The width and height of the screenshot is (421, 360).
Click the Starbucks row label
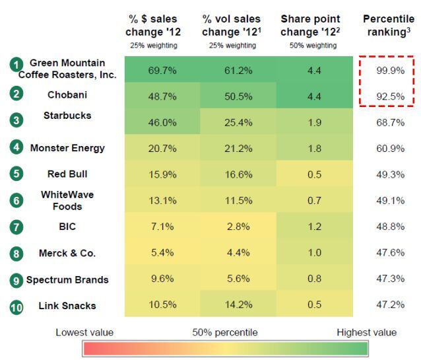pyautogui.click(x=67, y=116)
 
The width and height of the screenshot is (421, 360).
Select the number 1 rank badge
pyautogui.click(x=16, y=65)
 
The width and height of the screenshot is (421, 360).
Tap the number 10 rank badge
pyautogui.click(x=16, y=307)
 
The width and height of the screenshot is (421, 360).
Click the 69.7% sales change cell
pyautogui.click(x=162, y=71)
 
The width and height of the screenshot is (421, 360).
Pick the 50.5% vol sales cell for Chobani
pyautogui.click(x=238, y=96)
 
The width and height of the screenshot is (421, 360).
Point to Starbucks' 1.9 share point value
pyautogui.click(x=314, y=123)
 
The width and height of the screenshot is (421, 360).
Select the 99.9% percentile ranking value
pyautogui.click(x=390, y=71)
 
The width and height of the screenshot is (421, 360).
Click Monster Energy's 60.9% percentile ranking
pyautogui.click(x=390, y=149)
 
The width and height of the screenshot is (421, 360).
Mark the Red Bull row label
pyautogui.click(x=67, y=174)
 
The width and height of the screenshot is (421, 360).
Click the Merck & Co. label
pyautogui.click(x=67, y=253)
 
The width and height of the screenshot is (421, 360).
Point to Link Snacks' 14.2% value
pyautogui.click(x=238, y=305)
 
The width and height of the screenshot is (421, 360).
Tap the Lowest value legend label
pyautogui.click(x=84, y=332)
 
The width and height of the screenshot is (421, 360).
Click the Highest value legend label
pyautogui.click(x=366, y=332)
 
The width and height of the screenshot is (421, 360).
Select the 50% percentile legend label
pyautogui.click(x=225, y=332)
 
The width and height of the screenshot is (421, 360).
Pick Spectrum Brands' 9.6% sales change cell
pyautogui.click(x=162, y=279)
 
